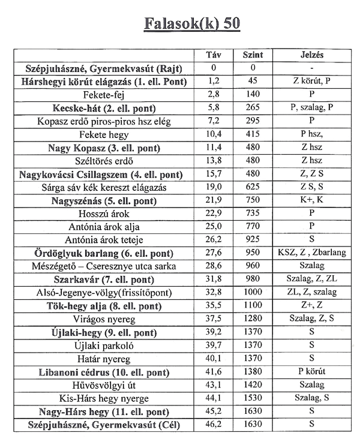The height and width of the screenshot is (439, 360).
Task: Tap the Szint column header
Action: coord(253,55)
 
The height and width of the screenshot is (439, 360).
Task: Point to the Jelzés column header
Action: coord(312,55)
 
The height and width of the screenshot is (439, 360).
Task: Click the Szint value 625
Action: coord(253,187)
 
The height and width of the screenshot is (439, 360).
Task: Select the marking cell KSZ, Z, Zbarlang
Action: coord(312,253)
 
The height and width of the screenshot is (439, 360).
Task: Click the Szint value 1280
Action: coord(253,319)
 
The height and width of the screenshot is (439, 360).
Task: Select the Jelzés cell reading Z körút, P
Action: coord(312,81)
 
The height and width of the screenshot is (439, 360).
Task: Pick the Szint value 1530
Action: coord(253,398)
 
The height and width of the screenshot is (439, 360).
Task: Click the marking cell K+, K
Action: coord(312,200)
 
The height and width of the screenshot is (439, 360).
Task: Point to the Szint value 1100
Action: coord(253,306)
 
